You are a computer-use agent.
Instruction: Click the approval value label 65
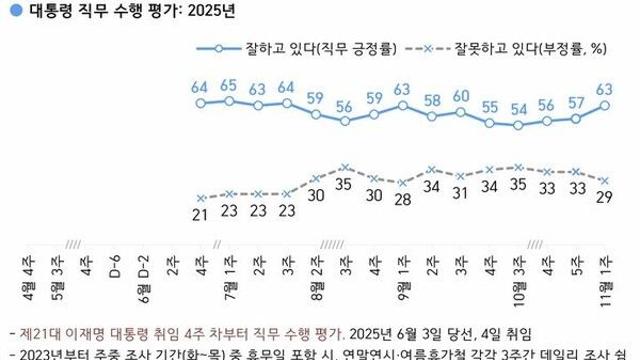(x=229, y=84)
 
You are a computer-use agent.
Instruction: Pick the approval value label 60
(x=461, y=96)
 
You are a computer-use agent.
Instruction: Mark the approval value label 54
(x=519, y=108)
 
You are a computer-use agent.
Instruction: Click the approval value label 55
(x=490, y=106)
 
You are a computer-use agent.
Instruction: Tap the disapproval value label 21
(x=200, y=213)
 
